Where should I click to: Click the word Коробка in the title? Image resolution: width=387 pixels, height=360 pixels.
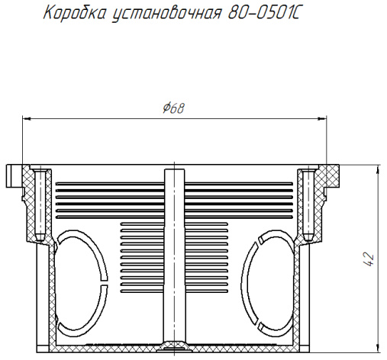pos(75,13)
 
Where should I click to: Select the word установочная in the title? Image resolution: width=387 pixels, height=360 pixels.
pos(167,14)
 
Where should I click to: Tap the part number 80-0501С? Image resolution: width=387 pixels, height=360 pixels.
pos(264,13)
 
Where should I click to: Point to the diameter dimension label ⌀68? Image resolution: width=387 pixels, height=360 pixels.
pos(174,108)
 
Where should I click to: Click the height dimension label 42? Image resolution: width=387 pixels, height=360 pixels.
pos(369,259)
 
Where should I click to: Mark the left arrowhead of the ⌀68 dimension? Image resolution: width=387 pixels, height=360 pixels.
pos(27,118)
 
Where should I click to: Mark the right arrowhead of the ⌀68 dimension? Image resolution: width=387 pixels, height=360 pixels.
pos(322,118)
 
